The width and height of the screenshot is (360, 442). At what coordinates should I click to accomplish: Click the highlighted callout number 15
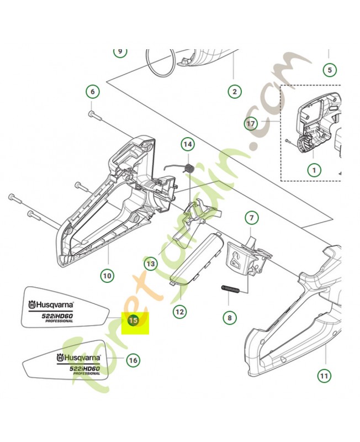pyautogui.click(x=133, y=319)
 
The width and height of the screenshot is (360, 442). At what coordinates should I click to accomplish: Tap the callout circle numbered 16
pyautogui.click(x=133, y=360)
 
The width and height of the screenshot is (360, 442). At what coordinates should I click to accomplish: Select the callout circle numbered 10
pyautogui.click(x=107, y=275)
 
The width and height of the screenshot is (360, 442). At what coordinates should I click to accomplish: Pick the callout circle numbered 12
pyautogui.click(x=179, y=312)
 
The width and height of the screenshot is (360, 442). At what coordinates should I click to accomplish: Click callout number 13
pyautogui.click(x=151, y=265)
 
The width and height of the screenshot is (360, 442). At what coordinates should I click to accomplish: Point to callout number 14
pyautogui.click(x=188, y=145)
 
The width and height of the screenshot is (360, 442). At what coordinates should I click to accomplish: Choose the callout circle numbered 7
pyautogui.click(x=251, y=218)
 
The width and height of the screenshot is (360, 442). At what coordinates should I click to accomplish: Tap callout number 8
pyautogui.click(x=229, y=318)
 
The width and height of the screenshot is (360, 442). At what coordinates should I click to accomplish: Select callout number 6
pyautogui.click(x=92, y=92)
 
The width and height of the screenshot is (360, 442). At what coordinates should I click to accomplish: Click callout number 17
pyautogui.click(x=251, y=124)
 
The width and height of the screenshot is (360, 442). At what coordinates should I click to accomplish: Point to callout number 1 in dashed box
pyautogui.click(x=314, y=170)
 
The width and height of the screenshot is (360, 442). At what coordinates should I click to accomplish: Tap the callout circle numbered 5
pyautogui.click(x=329, y=70)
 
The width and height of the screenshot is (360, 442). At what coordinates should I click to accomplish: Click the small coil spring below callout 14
pyautogui.click(x=188, y=166)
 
